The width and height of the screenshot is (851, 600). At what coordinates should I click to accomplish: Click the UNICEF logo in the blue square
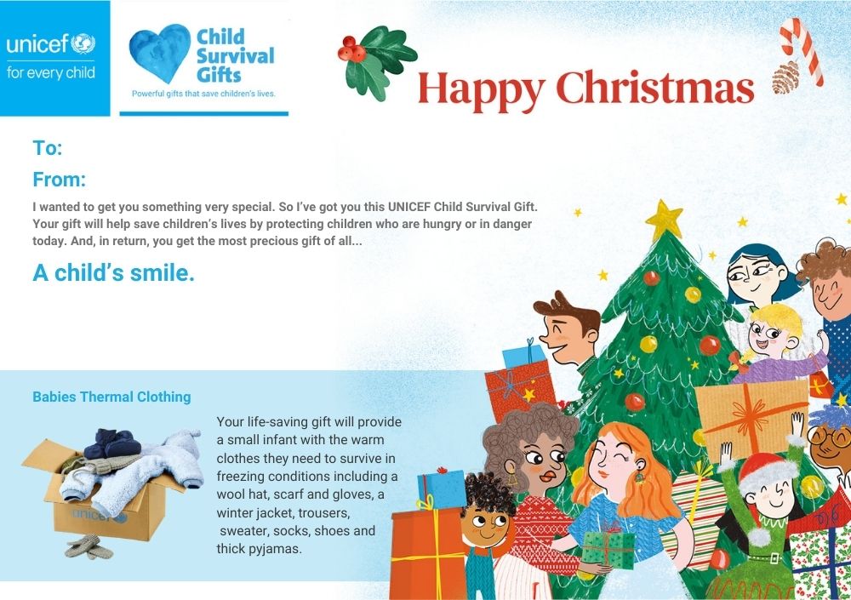point(51,57)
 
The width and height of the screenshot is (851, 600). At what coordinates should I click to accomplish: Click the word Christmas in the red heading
point(655,88)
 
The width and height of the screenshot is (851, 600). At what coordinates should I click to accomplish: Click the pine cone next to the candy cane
point(785,77)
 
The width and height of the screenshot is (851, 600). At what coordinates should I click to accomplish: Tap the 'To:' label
point(48,148)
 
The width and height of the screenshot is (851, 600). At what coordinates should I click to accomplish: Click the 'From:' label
point(60,180)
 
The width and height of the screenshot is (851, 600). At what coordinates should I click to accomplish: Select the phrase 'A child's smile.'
point(113,272)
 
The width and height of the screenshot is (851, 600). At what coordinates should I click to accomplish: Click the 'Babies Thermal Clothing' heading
point(111,397)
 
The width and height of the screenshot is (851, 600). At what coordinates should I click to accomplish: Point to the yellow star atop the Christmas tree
point(664,220)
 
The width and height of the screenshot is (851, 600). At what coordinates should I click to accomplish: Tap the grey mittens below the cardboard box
point(89,547)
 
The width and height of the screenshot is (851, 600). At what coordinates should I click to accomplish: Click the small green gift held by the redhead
point(608,549)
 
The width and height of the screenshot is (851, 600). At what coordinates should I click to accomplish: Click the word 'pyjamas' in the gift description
point(275,549)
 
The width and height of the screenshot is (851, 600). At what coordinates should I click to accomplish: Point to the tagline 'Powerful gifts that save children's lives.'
point(203,94)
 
